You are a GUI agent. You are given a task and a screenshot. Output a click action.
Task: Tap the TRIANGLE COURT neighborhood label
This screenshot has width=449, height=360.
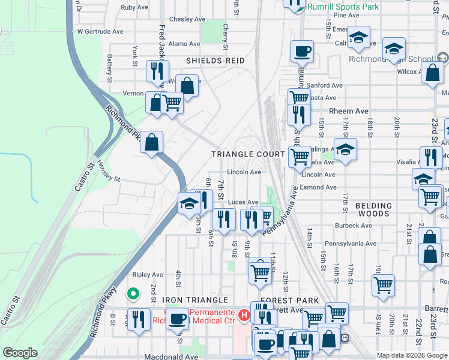[248, 154]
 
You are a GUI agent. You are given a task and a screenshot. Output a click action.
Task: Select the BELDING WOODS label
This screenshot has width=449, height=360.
[373, 210]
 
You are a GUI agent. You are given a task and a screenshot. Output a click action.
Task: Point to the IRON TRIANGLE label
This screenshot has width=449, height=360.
[194, 299]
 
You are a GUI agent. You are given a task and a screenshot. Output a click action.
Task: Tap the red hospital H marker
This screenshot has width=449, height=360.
[244, 314]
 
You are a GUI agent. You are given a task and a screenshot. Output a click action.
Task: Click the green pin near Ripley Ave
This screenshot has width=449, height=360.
[133, 294]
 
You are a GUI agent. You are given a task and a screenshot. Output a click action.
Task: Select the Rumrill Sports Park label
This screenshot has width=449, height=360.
[343, 7]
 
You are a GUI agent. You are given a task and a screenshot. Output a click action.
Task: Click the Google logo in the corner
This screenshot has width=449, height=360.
[20, 353]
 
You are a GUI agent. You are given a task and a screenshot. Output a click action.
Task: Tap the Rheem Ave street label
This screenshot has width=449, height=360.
[349, 111]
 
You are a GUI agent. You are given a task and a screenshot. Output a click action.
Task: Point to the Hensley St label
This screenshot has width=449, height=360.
[109, 179]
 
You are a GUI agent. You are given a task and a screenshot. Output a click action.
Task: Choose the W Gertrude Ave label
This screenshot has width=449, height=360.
[100, 31]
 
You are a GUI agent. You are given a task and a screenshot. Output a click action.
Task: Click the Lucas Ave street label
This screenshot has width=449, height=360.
[243, 202]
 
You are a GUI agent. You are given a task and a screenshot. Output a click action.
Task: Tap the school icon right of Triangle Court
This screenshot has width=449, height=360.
[345, 150]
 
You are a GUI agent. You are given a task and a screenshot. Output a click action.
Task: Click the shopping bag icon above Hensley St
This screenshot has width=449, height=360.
[152, 143]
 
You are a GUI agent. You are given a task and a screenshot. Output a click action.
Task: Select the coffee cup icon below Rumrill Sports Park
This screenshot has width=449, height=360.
[303, 52]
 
